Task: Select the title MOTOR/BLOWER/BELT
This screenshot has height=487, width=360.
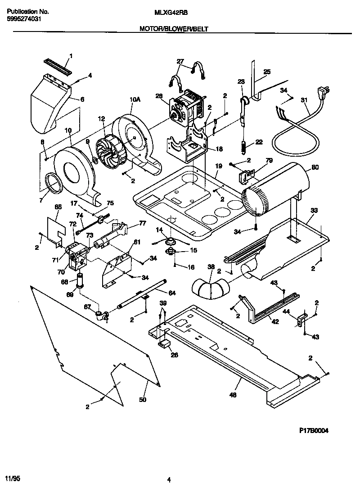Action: click(174, 28)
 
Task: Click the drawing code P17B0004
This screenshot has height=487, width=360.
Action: click(314, 430)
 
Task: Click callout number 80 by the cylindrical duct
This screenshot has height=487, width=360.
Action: click(315, 168)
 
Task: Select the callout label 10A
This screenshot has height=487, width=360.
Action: click(134, 99)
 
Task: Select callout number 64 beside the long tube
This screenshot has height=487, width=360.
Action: click(172, 293)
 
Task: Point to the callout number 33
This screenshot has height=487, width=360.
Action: click(314, 210)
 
